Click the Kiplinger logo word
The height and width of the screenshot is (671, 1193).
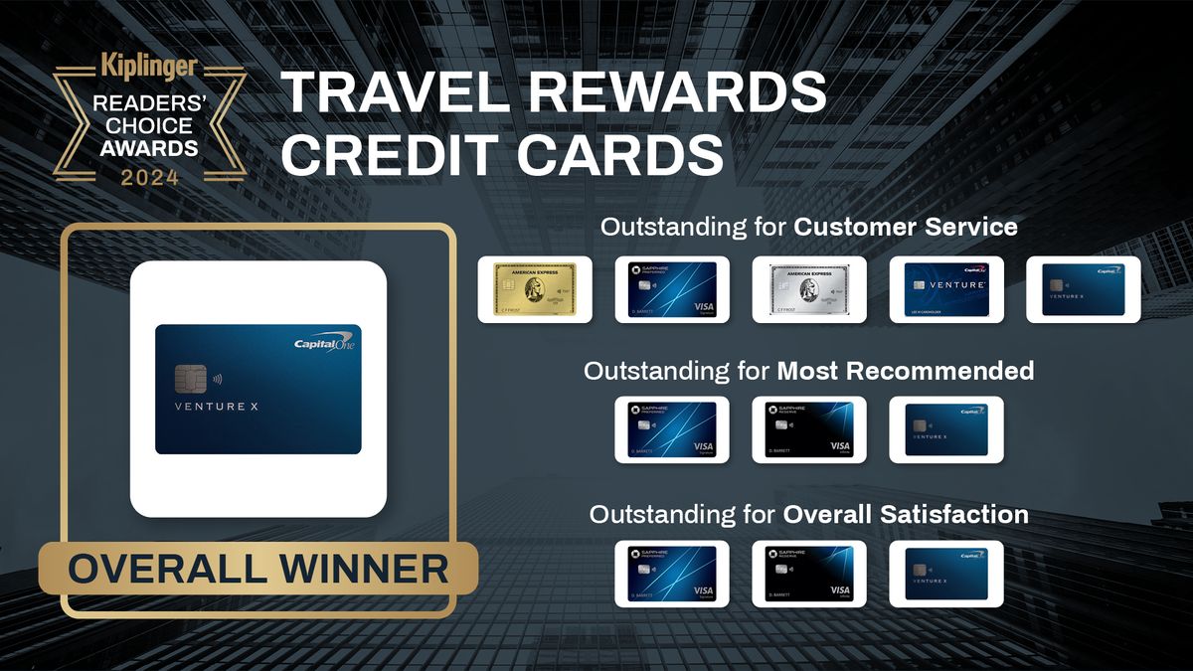pos(149,69)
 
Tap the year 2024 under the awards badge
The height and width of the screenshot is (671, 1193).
pos(150,178)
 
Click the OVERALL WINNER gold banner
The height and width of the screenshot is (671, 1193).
pos(258,570)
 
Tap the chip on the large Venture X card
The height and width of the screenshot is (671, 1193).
pos(191,378)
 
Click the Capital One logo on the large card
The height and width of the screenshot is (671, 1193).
pos(325,344)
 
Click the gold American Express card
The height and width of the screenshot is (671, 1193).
pos(535,289)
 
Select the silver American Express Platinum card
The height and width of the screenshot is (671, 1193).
pos(809,289)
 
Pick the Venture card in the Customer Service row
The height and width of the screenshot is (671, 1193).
pos(946,289)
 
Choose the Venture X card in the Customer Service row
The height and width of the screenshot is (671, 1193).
pos(1083,289)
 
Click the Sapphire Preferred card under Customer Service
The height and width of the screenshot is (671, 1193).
pos(672,289)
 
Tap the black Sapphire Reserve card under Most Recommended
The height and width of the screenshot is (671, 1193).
pos(809,429)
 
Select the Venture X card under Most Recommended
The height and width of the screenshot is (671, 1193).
pos(946,429)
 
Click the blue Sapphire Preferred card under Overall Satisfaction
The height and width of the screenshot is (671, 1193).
pos(672,574)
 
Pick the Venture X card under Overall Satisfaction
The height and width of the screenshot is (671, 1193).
pos(946,574)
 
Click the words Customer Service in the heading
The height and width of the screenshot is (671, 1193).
pos(905,227)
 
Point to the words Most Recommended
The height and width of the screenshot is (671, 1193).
pos(905,371)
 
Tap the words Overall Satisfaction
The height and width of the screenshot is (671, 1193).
pos(905,515)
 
